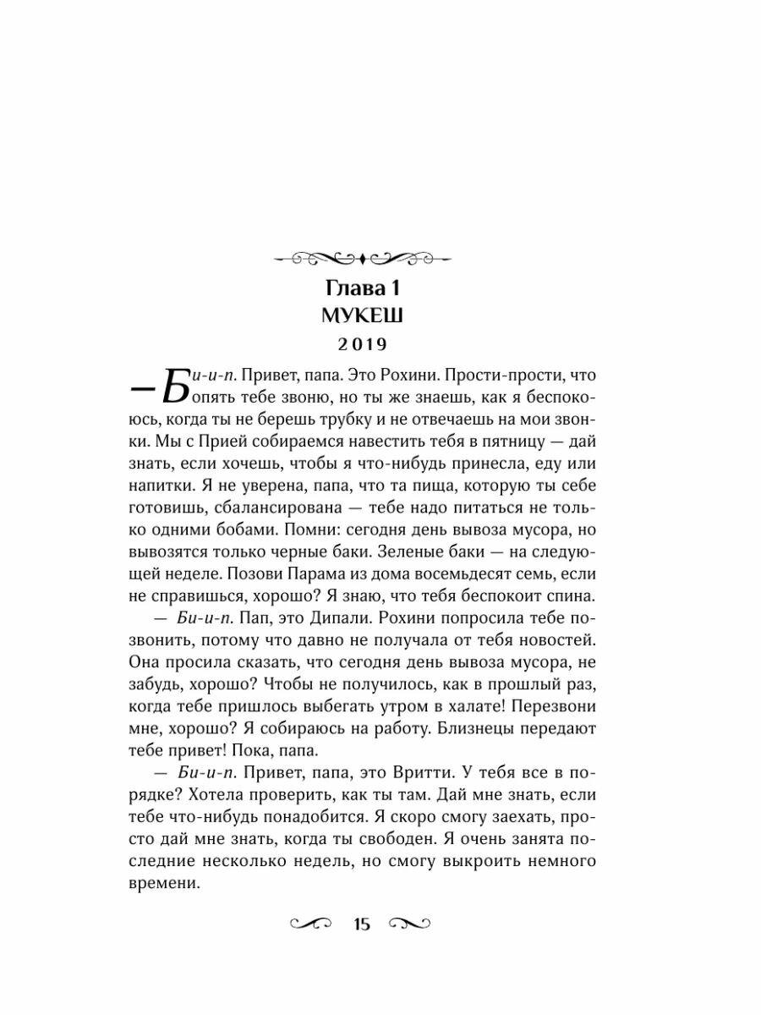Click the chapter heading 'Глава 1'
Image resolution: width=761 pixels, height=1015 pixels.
pyautogui.click(x=361, y=288)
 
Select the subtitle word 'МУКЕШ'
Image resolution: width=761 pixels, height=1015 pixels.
pyautogui.click(x=361, y=316)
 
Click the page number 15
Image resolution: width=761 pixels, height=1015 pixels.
pyautogui.click(x=362, y=923)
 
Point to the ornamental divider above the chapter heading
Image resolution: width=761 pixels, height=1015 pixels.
pyautogui.click(x=361, y=256)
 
